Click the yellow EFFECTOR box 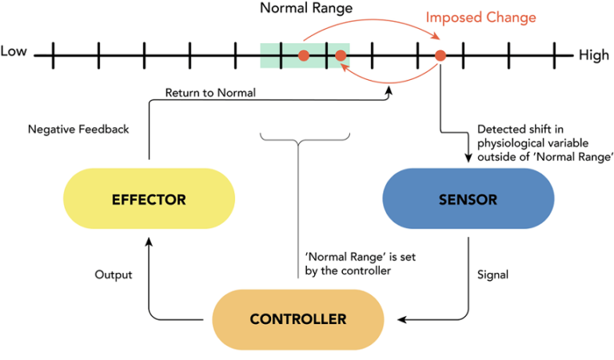[x=149, y=200]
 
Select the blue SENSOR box [x=468, y=200]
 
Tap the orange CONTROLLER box [x=298, y=319]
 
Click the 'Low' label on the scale [x=14, y=52]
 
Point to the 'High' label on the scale [x=593, y=55]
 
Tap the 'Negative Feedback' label [x=78, y=129]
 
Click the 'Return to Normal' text [x=210, y=93]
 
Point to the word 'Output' [x=113, y=274]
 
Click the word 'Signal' [x=492, y=274]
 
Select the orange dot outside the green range [x=440, y=55]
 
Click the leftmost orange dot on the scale [x=304, y=55]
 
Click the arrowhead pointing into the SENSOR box [x=467, y=158]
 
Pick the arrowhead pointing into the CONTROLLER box [x=403, y=320]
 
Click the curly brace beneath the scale [x=297, y=142]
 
